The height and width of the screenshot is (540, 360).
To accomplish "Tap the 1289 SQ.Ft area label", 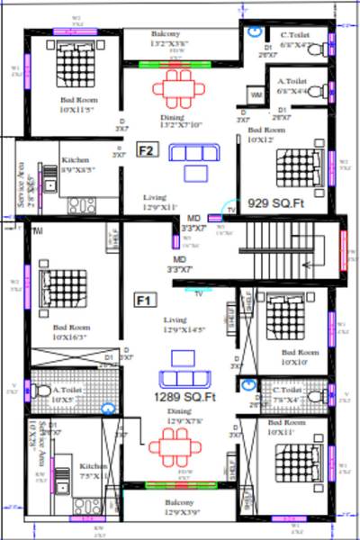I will click(x=184, y=397).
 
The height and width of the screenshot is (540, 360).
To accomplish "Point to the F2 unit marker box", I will click(x=148, y=150).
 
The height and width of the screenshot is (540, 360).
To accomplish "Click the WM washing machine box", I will click(x=256, y=94).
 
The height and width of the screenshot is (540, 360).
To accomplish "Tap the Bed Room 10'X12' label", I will click(x=267, y=135).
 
